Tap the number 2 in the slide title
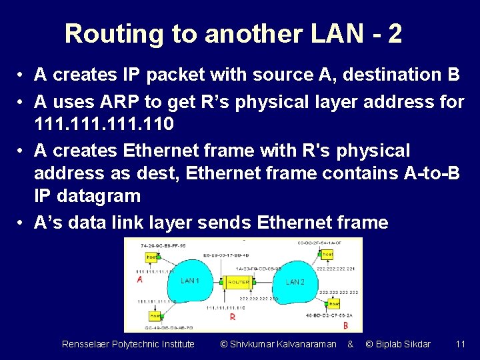(x=394, y=33)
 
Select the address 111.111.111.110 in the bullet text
(x=104, y=123)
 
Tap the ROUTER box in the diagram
(x=239, y=282)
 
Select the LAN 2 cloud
(x=295, y=282)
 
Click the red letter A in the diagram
(x=140, y=280)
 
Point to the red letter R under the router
(x=232, y=317)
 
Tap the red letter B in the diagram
(x=345, y=325)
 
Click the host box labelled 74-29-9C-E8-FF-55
(x=151, y=256)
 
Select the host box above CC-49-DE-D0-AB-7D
(x=155, y=315)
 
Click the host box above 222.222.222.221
(x=327, y=254)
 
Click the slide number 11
(x=460, y=344)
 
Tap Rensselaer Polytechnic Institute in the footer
(x=128, y=344)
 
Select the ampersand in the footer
(x=350, y=344)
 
